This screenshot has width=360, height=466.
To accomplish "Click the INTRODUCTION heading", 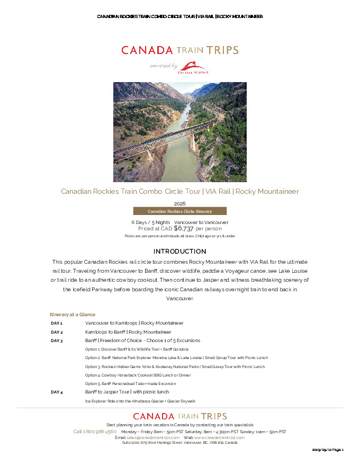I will coord(179,251).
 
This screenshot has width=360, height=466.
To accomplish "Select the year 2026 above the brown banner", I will coord(179,203).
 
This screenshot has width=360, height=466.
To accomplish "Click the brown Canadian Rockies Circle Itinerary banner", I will coord(179,211).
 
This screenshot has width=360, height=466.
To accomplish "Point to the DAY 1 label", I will coord(57,323).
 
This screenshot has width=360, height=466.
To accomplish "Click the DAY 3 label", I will coord(57,340).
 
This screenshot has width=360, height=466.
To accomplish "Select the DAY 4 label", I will coord(57,392).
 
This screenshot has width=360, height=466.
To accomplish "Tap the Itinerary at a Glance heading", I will coord(73,315).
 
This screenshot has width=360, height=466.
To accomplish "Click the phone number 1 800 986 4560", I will coord(95,432).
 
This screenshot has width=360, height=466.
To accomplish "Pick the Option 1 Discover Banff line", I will coord(137,349).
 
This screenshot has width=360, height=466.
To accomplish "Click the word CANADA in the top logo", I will coord(147,50).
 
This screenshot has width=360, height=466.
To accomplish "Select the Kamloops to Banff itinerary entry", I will coord(128,332).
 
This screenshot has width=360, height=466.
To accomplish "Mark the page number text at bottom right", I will coord(328,450).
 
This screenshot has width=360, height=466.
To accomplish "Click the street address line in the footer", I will coord(179,443).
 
